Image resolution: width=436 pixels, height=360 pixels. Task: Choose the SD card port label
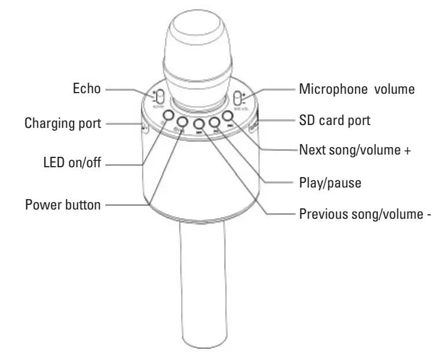335,121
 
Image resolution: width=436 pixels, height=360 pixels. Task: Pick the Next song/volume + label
355,150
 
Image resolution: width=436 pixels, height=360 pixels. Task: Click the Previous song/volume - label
365,214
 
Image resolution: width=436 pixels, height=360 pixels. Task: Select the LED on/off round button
168,116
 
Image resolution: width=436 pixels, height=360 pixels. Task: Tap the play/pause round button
215,122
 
